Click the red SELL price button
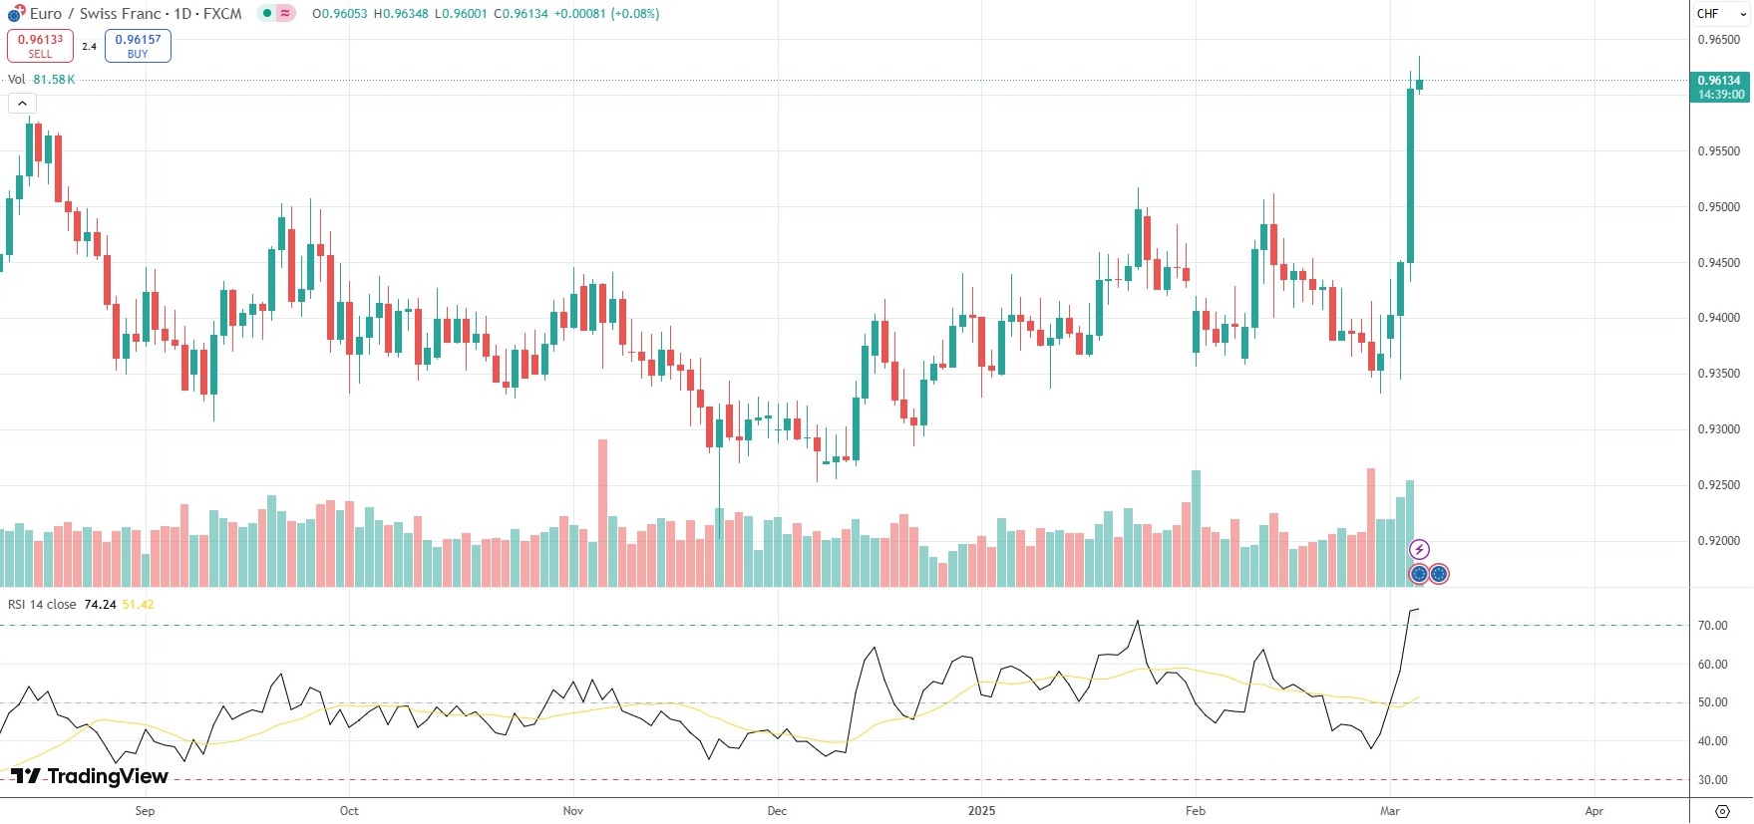point(40,46)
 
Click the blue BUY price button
point(138,46)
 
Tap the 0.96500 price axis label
point(1718,40)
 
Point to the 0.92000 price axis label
point(1718,541)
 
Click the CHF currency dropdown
point(1721,14)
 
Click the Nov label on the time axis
point(572,810)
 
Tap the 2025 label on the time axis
point(981,810)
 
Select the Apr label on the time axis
point(1593,810)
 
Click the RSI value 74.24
point(100,605)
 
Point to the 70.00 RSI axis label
point(1712,626)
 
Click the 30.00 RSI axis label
point(1712,780)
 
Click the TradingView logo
point(90,776)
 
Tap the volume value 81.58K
point(54,80)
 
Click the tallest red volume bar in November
point(602,512)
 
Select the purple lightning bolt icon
point(1419,549)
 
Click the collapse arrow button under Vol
point(22,103)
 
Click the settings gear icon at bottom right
point(1722,811)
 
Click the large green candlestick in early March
point(1410,175)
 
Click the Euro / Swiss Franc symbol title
point(136,14)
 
